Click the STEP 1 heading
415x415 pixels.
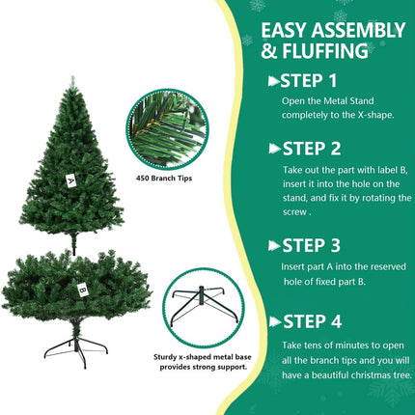[x=308, y=80]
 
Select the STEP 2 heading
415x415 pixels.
[x=312, y=149]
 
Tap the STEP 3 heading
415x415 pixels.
[x=311, y=245]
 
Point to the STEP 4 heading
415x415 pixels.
[x=312, y=321]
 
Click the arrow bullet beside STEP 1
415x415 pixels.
[x=274, y=81]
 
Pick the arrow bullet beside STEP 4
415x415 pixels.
[x=275, y=321]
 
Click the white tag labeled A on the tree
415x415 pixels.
[x=70, y=180]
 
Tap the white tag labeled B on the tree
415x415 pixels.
[x=83, y=290]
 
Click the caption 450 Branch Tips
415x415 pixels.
[x=164, y=179]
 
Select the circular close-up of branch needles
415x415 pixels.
[x=167, y=129]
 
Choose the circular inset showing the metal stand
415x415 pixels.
[x=204, y=308]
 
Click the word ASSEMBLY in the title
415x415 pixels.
[x=358, y=30]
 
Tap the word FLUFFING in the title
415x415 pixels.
[x=325, y=51]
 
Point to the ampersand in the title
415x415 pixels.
[x=268, y=51]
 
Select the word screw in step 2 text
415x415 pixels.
[x=295, y=212]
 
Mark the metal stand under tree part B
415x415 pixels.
[x=75, y=351]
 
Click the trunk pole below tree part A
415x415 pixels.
[x=74, y=243]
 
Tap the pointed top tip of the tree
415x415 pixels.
[x=73, y=77]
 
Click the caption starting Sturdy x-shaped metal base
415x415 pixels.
[x=203, y=362]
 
